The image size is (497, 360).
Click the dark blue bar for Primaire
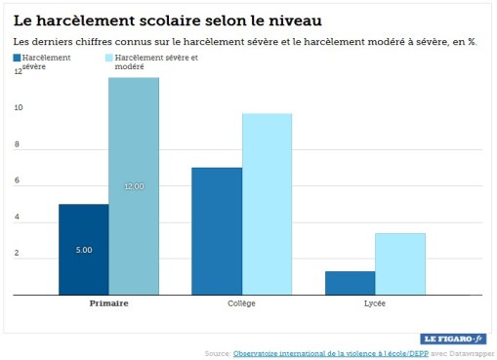pos(83,249)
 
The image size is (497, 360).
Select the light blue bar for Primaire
pos(134,185)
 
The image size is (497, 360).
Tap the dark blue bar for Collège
pos(217,231)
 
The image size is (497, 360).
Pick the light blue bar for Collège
pos(267,204)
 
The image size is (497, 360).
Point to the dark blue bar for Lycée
pos(350,283)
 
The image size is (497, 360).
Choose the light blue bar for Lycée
pos(400,263)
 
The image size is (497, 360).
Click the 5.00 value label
pos(84,251)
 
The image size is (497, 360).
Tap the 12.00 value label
pos(134,185)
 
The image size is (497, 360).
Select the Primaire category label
pos(108,303)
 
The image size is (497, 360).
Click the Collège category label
pos(241,303)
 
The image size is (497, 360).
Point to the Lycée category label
pos(375,303)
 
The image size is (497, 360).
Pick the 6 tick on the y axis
pos(17,180)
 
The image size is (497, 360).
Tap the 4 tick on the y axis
pos(17,218)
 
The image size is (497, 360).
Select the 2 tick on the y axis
pos(17,254)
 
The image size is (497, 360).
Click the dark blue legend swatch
pos(18,59)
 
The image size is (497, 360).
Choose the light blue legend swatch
pos(108,59)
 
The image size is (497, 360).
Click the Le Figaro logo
pos(454,338)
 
